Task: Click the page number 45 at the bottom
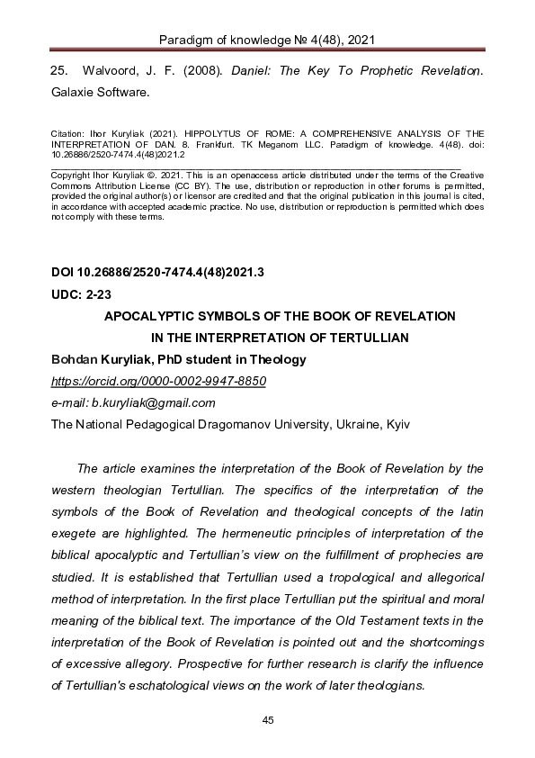click(x=267, y=718)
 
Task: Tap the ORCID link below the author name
click(x=159, y=381)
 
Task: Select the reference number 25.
click(x=59, y=69)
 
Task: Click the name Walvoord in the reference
click(x=114, y=69)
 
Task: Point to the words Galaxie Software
click(x=99, y=91)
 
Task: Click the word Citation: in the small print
click(x=67, y=132)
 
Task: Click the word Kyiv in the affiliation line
click(x=397, y=424)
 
